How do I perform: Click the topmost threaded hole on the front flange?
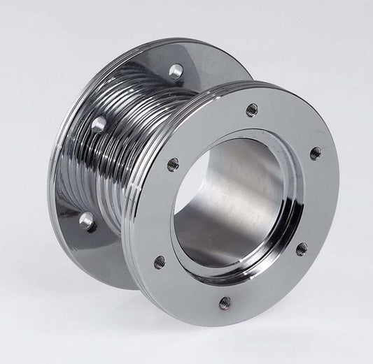252,110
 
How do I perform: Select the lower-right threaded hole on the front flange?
301,249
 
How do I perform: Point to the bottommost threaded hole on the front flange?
225,302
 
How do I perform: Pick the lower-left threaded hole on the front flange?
160,261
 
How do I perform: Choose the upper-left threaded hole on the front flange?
173,164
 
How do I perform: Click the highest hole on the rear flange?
176,70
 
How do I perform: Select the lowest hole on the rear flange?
87,221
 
